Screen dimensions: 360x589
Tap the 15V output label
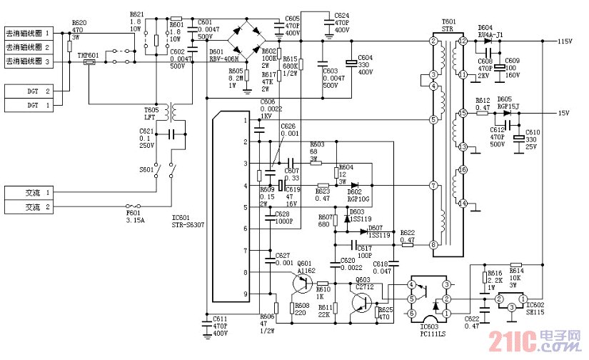(563, 114)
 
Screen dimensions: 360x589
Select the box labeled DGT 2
(29, 91)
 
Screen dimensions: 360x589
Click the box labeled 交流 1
(29, 193)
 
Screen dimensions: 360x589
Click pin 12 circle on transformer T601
(463, 42)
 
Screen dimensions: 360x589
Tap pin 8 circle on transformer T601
(433, 245)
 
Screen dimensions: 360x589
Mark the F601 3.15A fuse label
(134, 216)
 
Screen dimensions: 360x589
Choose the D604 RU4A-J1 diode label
(490, 30)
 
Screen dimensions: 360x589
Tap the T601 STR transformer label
(448, 26)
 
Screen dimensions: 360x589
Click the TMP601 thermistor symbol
(90, 63)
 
